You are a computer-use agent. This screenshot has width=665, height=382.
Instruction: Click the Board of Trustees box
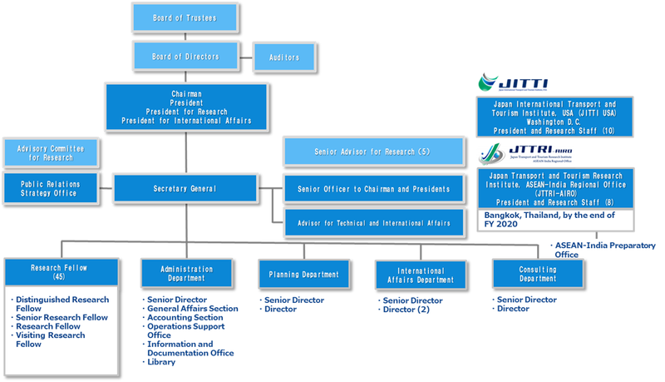click(x=185, y=17)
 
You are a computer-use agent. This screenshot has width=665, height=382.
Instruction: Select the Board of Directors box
click(x=185, y=56)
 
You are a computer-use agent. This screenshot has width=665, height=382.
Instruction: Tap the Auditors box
click(x=283, y=57)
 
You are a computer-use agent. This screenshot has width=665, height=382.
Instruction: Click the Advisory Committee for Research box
click(x=51, y=152)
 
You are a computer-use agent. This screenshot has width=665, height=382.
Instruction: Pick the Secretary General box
click(x=185, y=188)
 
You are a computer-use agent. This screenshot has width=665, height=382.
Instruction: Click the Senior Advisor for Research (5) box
click(x=372, y=152)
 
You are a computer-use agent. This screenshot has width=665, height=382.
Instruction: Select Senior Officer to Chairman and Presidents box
click(x=373, y=189)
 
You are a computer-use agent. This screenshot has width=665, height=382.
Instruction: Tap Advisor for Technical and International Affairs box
click(x=373, y=222)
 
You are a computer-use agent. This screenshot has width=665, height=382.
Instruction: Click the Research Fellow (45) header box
click(x=59, y=272)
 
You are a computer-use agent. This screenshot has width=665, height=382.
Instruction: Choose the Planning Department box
click(x=303, y=274)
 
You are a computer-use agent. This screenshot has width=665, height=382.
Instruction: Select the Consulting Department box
click(x=538, y=274)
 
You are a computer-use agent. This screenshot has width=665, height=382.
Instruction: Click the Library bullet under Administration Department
click(x=164, y=362)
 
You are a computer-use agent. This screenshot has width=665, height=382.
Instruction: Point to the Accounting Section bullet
click(x=184, y=317)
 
